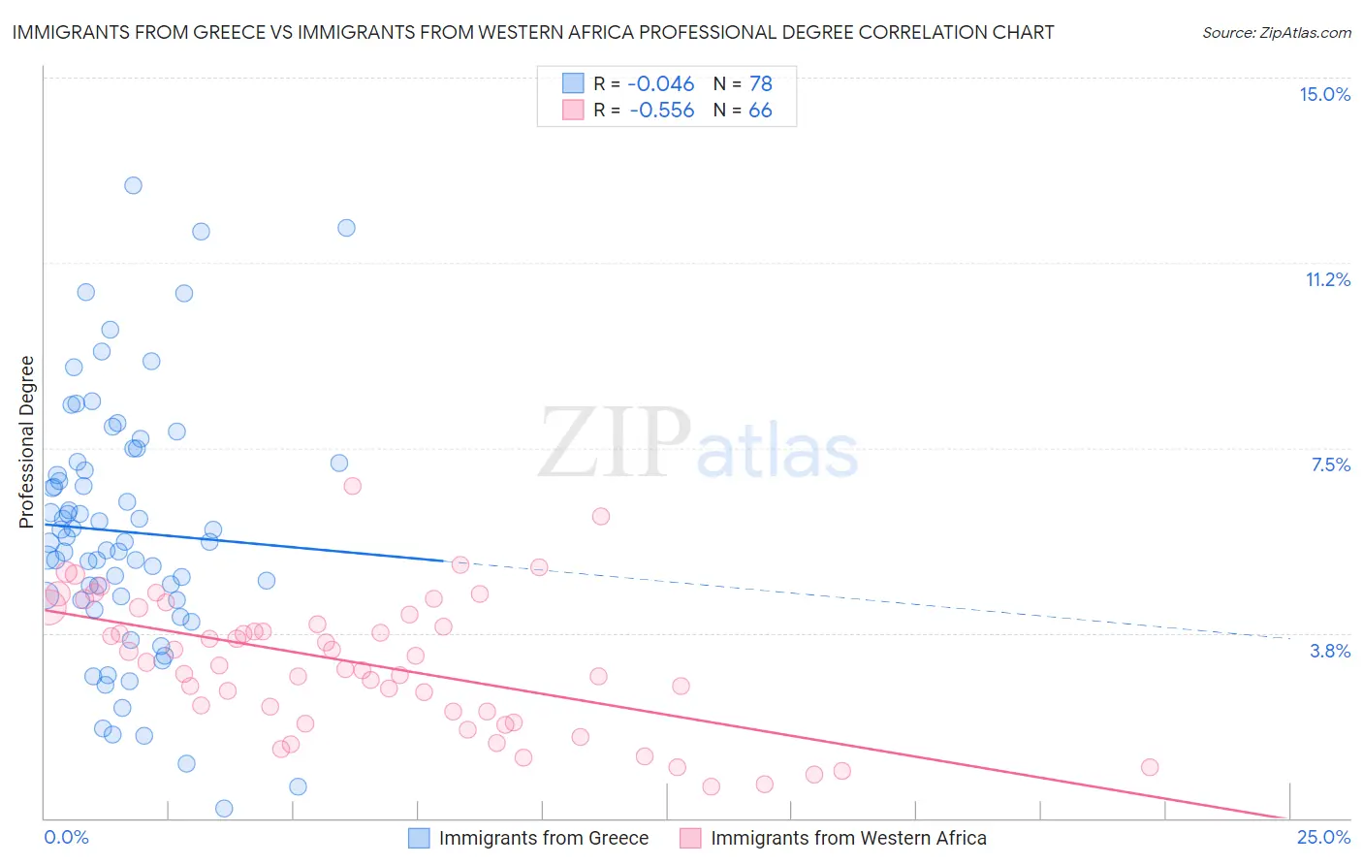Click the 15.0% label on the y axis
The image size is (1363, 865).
point(1324,94)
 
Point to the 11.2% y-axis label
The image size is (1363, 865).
point(1327,279)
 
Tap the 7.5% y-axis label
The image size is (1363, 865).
point(1330,465)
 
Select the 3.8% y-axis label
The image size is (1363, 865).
point(1330,651)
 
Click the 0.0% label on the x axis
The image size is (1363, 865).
point(66,837)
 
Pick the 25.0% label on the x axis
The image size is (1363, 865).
point(1323,837)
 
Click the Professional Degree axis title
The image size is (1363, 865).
point(26,442)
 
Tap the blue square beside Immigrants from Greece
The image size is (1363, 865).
point(419,838)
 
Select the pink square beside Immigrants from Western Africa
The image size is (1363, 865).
point(690,838)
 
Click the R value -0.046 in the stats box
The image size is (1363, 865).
point(661,83)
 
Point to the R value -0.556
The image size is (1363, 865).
point(661,111)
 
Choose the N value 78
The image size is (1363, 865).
point(760,83)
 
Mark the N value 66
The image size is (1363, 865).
point(760,111)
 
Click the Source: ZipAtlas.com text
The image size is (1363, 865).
point(1276,32)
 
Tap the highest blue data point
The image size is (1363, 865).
point(134,185)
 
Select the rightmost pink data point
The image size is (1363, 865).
point(1150,767)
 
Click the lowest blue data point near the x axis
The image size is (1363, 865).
point(224,808)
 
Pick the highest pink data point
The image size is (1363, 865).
point(353,486)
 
